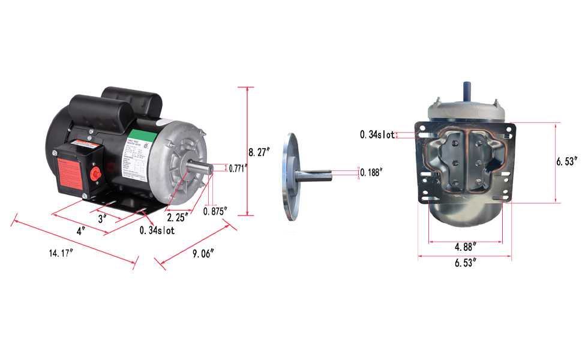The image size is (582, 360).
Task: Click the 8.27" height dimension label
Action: click(260, 152)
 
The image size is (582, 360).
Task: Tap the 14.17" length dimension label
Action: click(61, 253)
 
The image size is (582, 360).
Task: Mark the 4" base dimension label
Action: click(80, 230)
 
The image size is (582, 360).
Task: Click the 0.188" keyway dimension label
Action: click(371, 173)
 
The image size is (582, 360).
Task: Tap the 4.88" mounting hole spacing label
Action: click(466, 246)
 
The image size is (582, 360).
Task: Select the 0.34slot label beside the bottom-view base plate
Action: click(377, 135)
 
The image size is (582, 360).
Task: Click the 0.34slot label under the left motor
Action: click(157, 230)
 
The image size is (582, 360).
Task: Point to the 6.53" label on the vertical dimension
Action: click(567, 161)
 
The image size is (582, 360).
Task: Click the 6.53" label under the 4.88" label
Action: click(466, 262)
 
